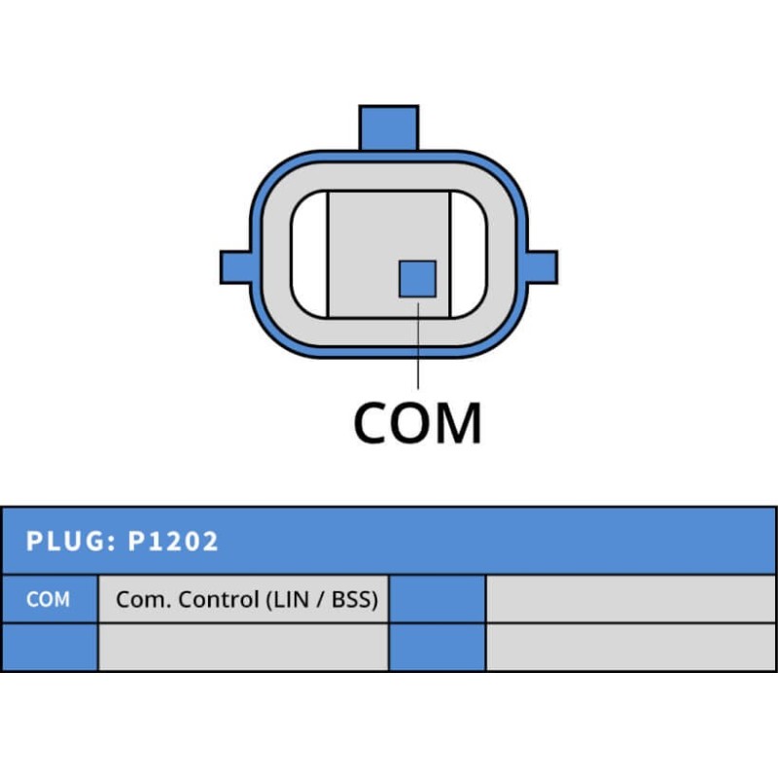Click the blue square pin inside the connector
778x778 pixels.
click(x=417, y=278)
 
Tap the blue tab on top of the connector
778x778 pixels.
click(x=389, y=126)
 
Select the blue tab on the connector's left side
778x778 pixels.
click(x=235, y=266)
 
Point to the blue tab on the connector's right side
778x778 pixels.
click(x=542, y=266)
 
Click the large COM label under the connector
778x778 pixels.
click(x=417, y=422)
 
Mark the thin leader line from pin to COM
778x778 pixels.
click(x=417, y=345)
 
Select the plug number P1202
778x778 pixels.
click(x=173, y=541)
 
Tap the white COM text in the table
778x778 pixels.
click(x=48, y=599)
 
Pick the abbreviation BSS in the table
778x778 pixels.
click(x=353, y=599)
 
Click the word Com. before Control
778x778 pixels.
click(x=137, y=599)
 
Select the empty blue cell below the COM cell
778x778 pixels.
click(x=49, y=647)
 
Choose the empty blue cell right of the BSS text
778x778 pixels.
click(x=437, y=599)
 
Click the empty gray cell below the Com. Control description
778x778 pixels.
click(x=243, y=647)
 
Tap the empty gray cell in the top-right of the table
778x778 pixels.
click(x=631, y=599)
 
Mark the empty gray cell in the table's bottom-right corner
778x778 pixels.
click(x=631, y=647)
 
